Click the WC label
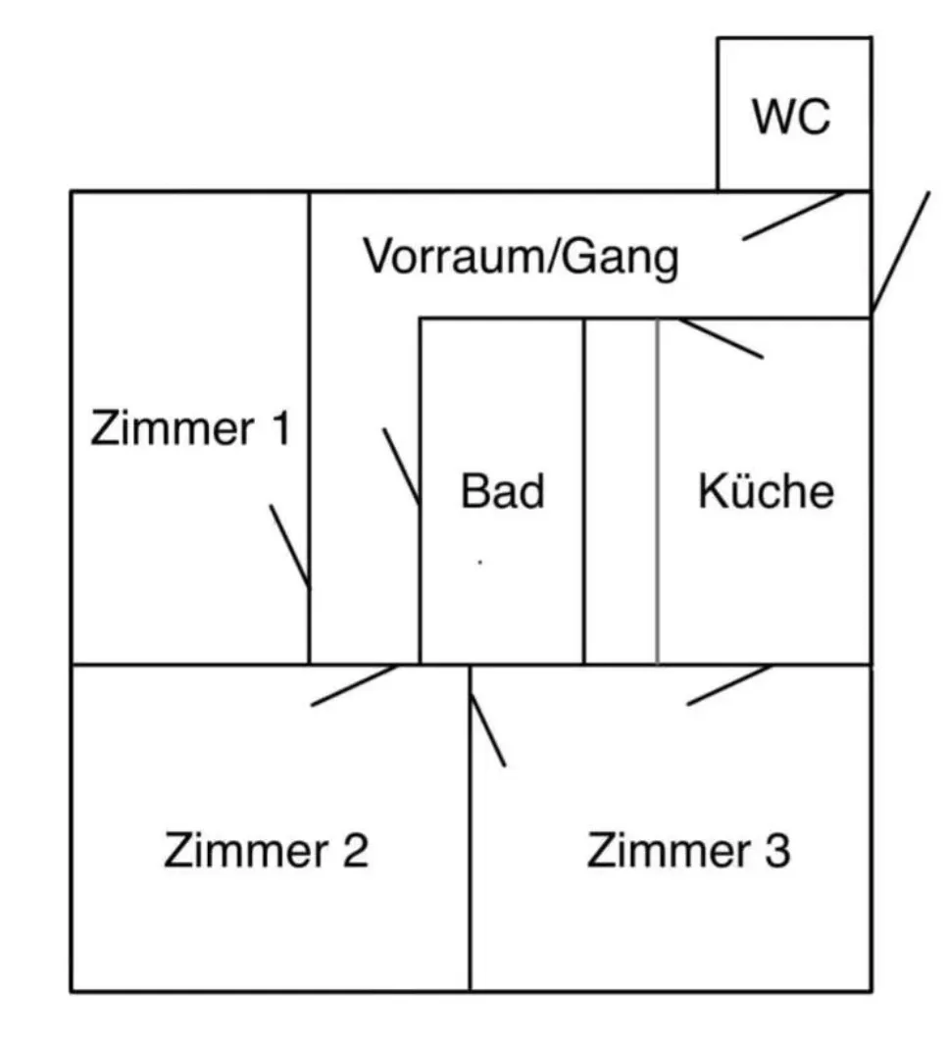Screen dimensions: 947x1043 791,117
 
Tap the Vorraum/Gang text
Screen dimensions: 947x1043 521,257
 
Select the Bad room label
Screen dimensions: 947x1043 503,491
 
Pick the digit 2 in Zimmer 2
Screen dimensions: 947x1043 355,850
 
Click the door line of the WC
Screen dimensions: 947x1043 793,217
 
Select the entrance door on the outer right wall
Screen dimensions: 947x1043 901,252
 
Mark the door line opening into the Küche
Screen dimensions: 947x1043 721,338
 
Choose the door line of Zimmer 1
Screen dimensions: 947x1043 290,547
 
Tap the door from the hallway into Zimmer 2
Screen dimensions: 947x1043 355,685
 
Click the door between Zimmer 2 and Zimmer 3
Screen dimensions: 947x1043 488,730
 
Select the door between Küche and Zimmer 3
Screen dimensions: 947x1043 729,684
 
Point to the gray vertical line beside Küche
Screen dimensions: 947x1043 658,491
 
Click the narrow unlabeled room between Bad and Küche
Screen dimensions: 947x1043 622,491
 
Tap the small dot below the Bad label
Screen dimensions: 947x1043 480,562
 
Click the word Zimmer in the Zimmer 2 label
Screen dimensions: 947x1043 246,850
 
